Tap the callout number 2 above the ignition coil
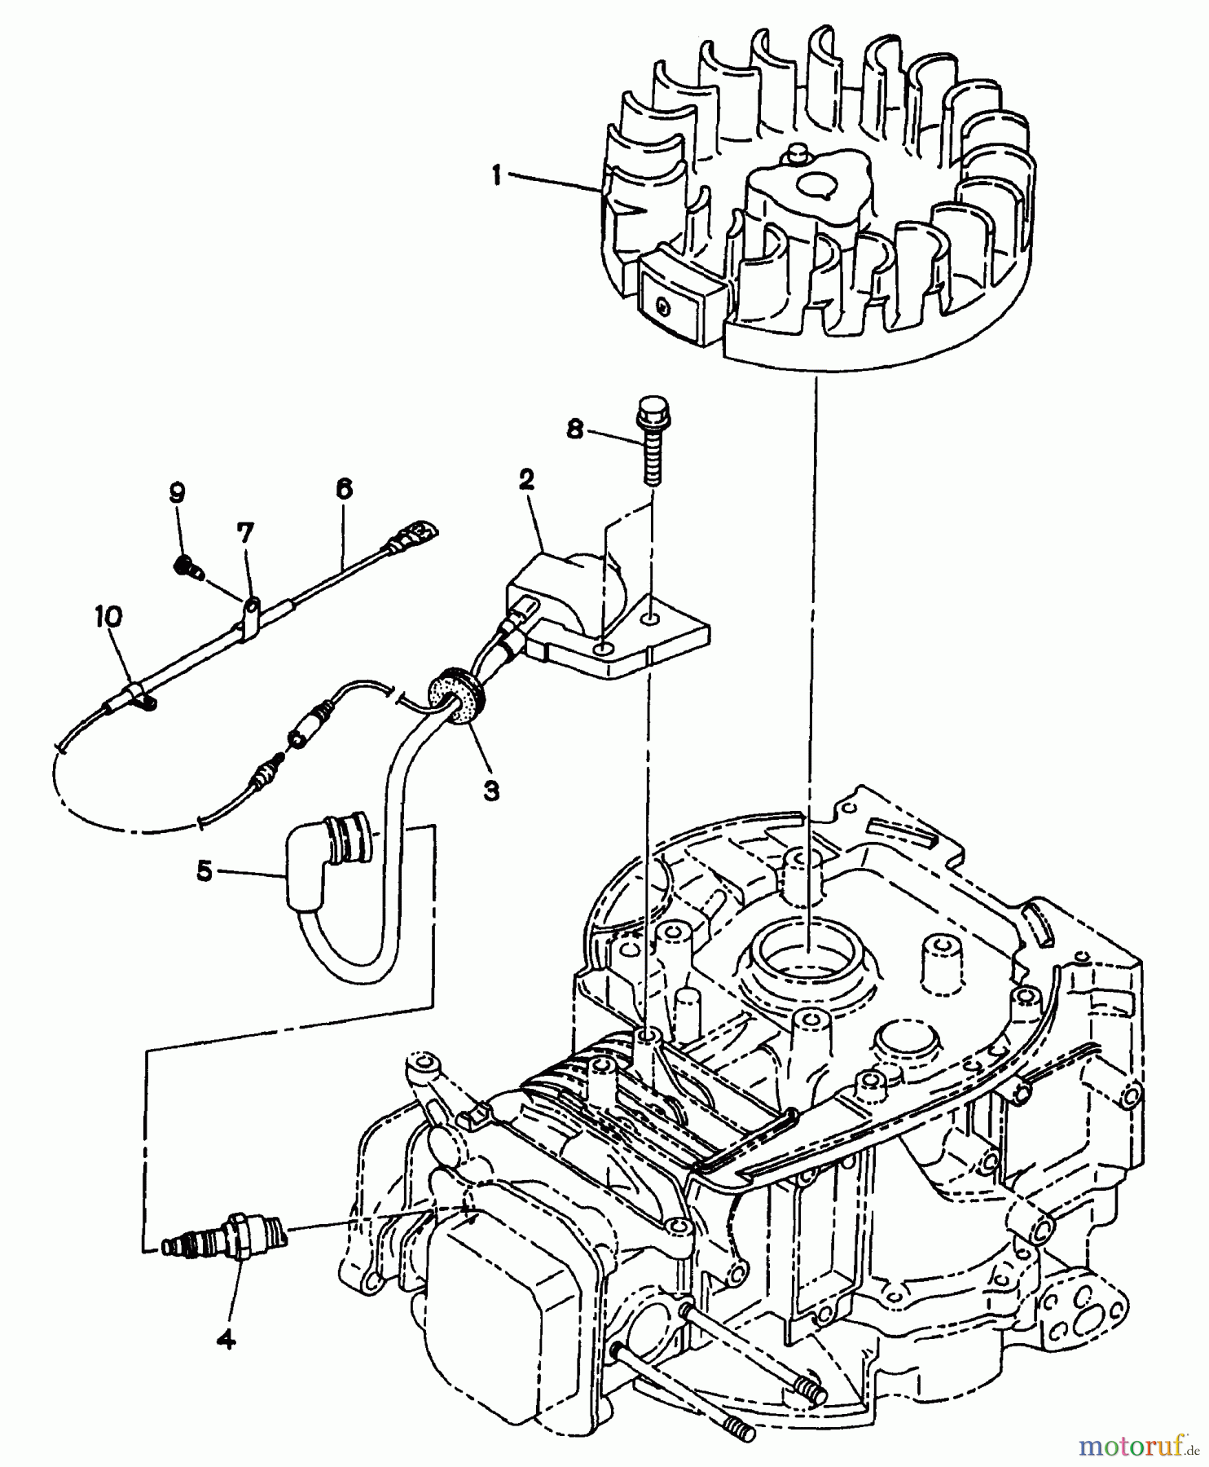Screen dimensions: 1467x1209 pos(526,480)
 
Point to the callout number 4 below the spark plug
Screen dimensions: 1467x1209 pos(227,1338)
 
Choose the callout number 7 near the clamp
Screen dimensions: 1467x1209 pos(245,534)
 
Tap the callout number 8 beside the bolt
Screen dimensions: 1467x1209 pos(575,430)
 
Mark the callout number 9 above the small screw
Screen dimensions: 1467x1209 pos(177,492)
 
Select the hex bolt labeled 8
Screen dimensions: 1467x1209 pos(650,440)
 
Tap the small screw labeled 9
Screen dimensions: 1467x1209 pos(189,566)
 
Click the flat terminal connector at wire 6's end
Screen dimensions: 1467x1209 pos(416,536)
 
